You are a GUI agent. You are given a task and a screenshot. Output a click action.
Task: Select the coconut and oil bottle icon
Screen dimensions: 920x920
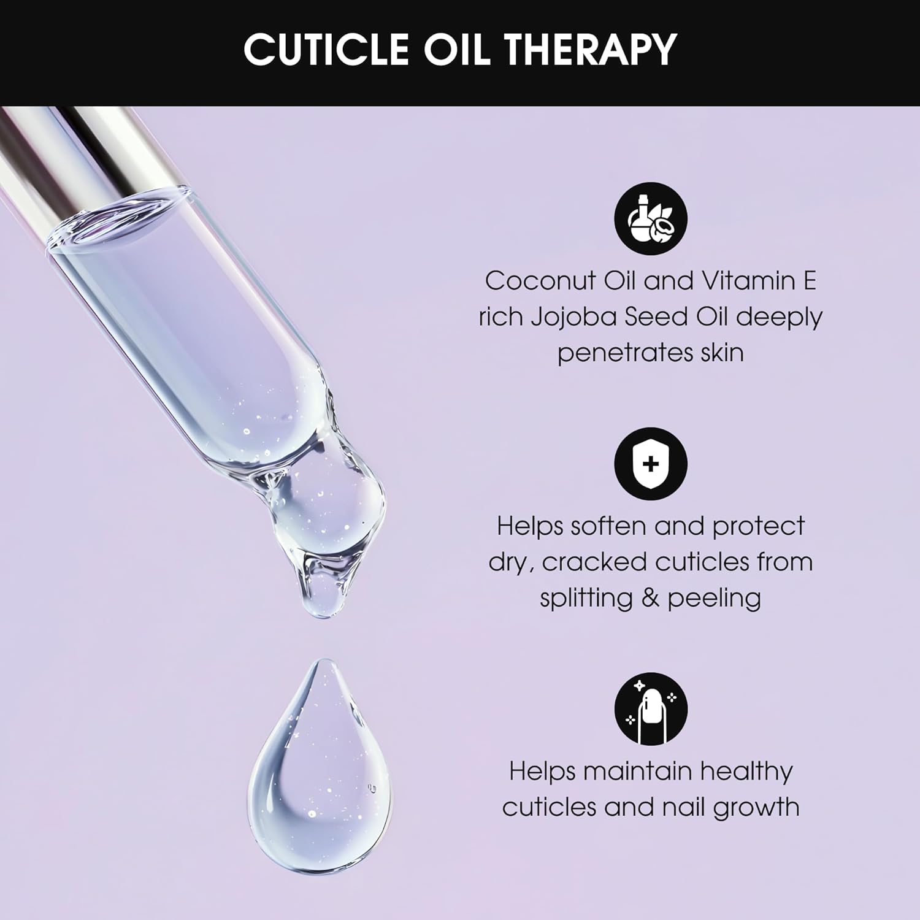click(x=651, y=218)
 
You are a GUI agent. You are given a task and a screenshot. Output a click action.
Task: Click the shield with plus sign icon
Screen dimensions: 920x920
click(x=651, y=464)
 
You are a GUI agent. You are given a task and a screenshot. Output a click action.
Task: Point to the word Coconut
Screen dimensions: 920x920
click(x=540, y=281)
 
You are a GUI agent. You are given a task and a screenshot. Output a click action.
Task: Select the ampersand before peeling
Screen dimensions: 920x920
click(x=650, y=598)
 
